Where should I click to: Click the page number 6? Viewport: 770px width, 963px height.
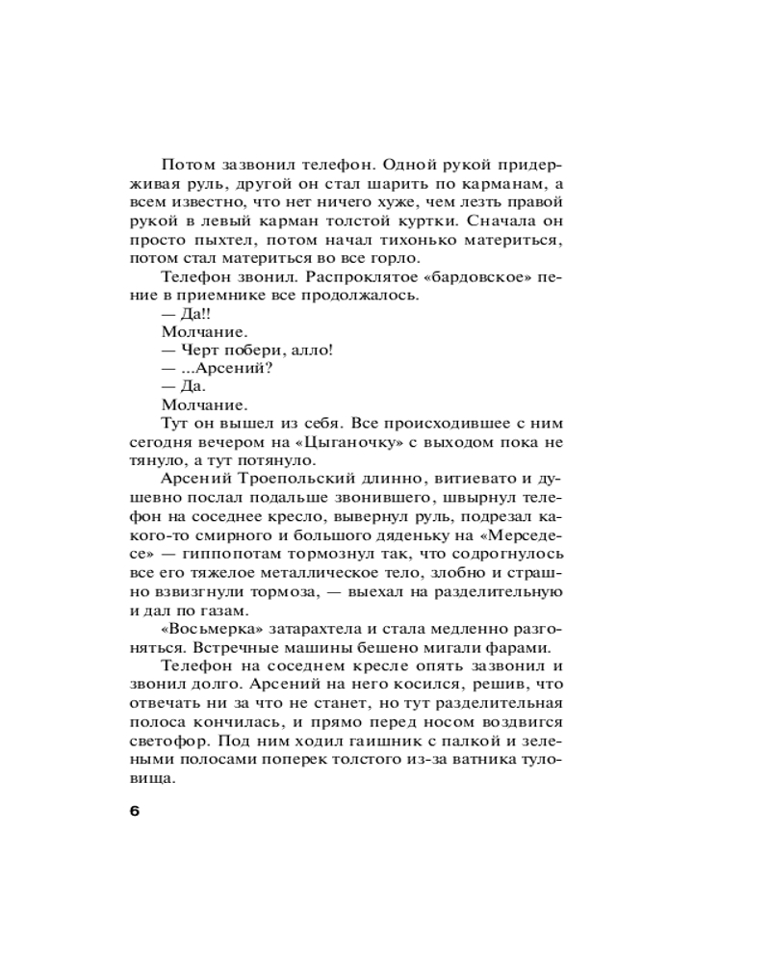click(134, 811)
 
